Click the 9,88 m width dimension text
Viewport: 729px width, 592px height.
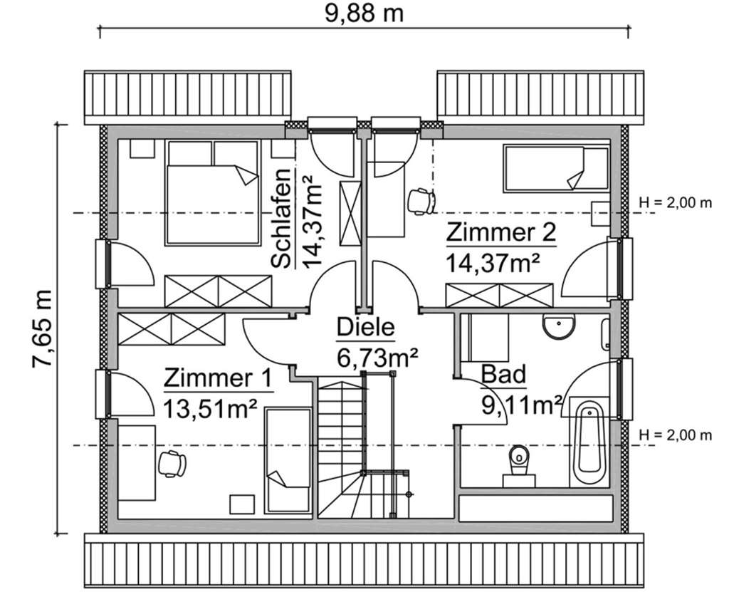[x=364, y=14]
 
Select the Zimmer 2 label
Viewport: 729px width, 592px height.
[x=500, y=233]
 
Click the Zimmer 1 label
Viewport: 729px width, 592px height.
[x=218, y=378]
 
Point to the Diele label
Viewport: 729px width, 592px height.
[x=365, y=328]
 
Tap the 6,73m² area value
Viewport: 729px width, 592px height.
[x=377, y=357]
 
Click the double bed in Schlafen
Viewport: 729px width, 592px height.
[x=211, y=193]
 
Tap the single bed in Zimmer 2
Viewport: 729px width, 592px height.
[x=556, y=169]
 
